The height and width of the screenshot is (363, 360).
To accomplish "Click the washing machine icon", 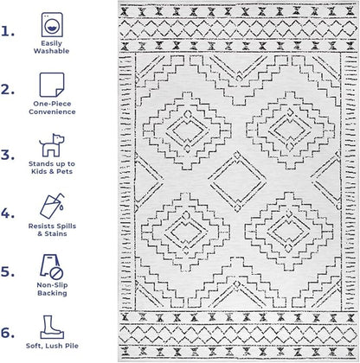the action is (x=52, y=24).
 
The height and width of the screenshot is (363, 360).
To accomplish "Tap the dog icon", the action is (x=52, y=145).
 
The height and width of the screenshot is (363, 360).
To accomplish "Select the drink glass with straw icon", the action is (x=52, y=206).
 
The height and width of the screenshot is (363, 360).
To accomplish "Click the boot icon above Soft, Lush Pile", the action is (x=52, y=327).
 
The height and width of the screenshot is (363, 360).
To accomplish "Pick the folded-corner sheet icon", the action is (x=52, y=85).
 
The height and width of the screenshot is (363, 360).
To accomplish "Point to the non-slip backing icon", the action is (x=52, y=267).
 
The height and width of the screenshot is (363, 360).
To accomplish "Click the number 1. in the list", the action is (x=8, y=31).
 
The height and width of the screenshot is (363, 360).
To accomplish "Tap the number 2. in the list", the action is (x=8, y=90).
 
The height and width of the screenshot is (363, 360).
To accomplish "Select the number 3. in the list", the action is (x=8, y=155).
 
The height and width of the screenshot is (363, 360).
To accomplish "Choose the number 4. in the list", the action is (x=8, y=213).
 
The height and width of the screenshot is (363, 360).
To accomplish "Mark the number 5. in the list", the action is (x=8, y=271).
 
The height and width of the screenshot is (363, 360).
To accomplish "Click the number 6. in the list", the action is (x=8, y=333).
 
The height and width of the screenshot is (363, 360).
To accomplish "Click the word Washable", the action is (x=51, y=51).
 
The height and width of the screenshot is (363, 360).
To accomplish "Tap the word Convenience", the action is (x=52, y=111).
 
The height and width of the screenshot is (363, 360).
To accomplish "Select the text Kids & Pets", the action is (x=52, y=171).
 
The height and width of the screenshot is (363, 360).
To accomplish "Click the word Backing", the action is (x=52, y=293).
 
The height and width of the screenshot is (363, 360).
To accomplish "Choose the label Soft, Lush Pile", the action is (x=52, y=346).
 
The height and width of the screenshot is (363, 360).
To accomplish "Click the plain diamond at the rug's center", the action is (x=237, y=181).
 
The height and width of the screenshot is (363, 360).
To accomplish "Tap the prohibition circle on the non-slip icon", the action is (x=56, y=273).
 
